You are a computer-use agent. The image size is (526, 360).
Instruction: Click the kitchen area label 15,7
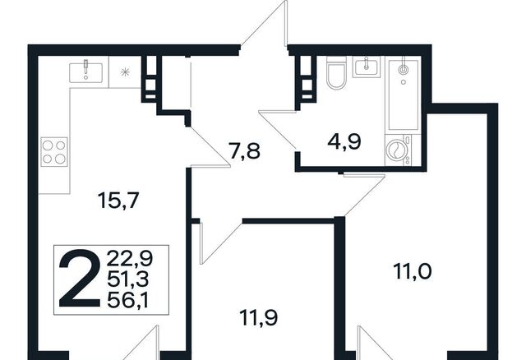click(118, 201)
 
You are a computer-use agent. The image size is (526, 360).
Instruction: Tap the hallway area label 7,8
click(244, 150)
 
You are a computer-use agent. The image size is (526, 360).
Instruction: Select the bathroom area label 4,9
click(344, 141)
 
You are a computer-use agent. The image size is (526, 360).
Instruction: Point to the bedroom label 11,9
click(258, 317)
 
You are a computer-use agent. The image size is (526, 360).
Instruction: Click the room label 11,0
click(413, 271)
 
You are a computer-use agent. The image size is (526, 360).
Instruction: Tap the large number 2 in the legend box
click(80, 279)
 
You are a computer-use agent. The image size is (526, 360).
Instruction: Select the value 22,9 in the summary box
click(130, 258)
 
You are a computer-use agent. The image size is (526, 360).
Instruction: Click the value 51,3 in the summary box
click(128, 279)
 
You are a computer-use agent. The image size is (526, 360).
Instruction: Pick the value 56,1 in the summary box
click(128, 300)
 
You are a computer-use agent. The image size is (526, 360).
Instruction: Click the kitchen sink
click(85, 72)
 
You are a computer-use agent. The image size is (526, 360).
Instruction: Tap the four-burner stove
click(54, 152)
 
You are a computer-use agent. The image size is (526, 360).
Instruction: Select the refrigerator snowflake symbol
click(125, 72)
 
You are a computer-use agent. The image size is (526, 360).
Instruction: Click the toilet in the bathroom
click(336, 72)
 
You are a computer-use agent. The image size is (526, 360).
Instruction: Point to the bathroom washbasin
click(367, 67)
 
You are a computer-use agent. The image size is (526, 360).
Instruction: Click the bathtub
click(404, 95)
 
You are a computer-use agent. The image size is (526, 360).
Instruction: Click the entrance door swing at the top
click(265, 24)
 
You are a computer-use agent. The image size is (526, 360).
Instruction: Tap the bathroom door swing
click(277, 129)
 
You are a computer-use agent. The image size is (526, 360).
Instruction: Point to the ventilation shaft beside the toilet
click(306, 78)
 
